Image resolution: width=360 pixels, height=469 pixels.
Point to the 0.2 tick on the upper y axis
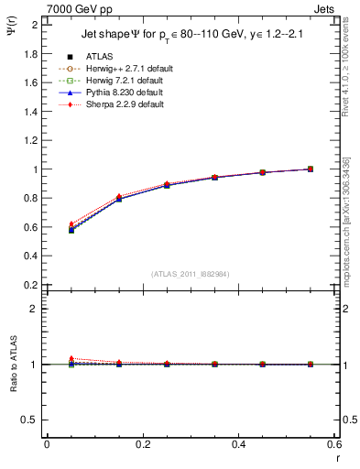[x=31, y=285]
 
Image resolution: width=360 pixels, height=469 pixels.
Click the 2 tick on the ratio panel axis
[x=34, y=309]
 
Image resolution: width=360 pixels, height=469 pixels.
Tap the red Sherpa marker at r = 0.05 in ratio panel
[x=71, y=359]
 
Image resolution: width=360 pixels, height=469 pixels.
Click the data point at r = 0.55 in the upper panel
[x=310, y=169]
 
